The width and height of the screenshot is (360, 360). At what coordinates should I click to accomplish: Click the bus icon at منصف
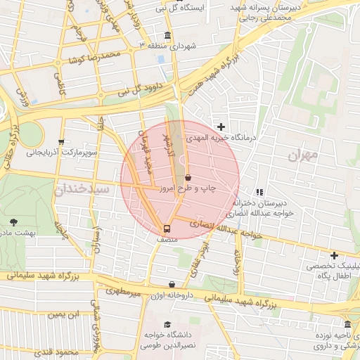[167, 229]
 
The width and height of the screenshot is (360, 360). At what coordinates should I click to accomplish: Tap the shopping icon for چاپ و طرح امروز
[188, 179]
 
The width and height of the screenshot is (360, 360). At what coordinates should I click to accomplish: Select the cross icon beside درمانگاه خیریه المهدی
[221, 127]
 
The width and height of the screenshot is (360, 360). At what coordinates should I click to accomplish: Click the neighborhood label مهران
[303, 154]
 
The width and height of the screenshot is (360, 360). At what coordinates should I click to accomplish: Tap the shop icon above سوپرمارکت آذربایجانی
[62, 141]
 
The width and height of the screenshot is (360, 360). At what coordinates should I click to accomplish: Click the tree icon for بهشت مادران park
[14, 221]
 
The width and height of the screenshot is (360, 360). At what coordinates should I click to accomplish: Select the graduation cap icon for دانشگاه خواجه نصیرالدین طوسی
[167, 324]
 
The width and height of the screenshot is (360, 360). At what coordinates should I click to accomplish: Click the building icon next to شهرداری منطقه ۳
[167, 36]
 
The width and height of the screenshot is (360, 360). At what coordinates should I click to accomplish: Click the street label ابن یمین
[63, 314]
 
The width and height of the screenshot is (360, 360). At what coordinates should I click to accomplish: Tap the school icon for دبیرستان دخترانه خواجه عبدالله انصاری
[259, 191]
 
